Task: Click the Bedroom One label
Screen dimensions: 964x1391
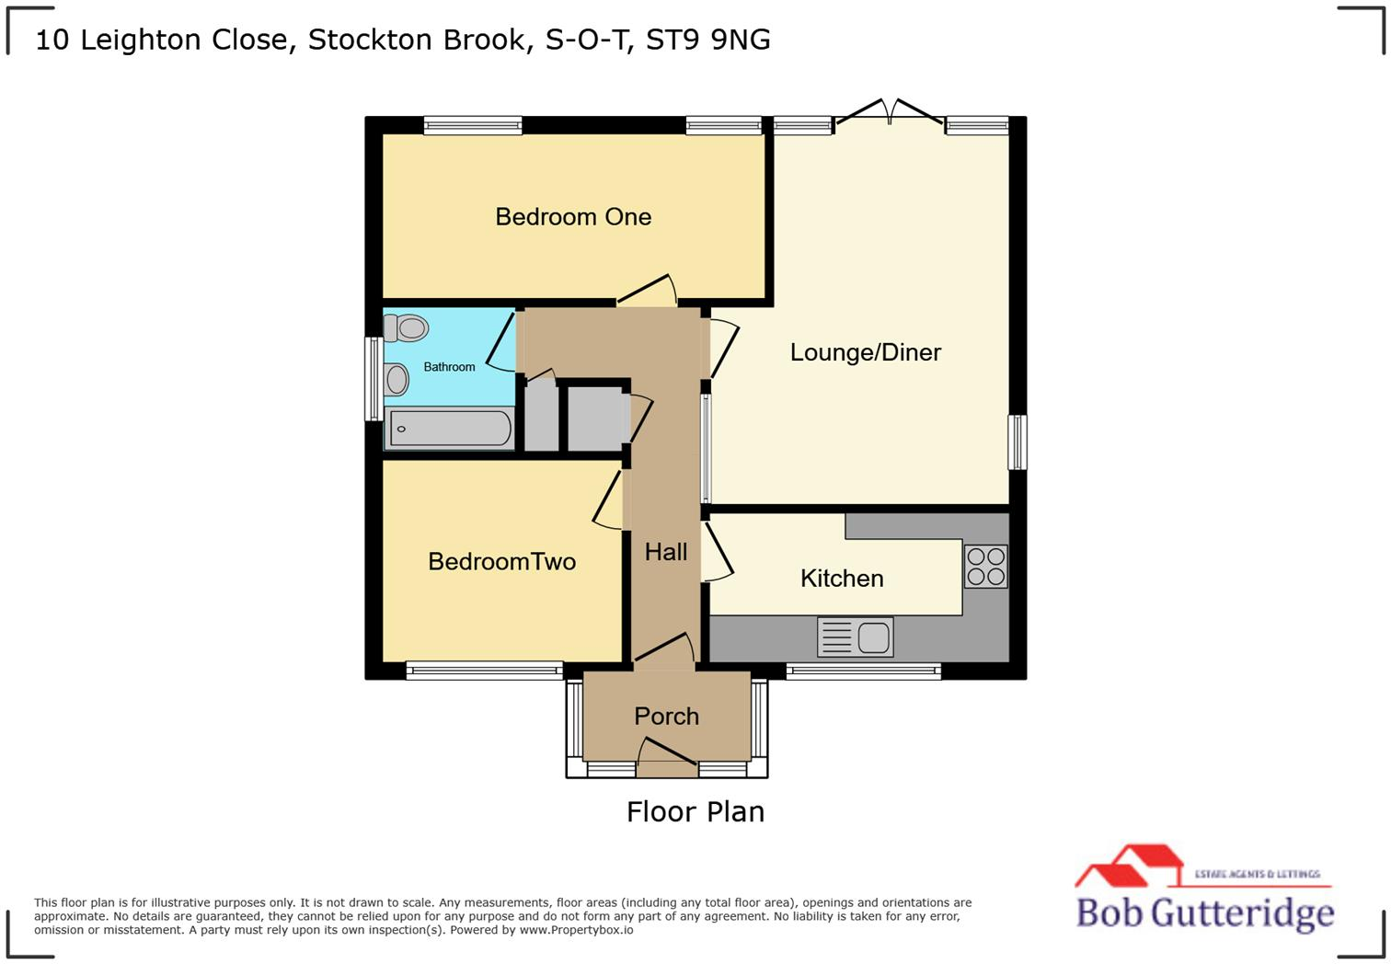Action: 573,217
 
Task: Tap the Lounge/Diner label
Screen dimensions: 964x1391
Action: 865,352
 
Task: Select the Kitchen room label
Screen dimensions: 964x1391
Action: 842,579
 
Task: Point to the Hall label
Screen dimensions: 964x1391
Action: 666,552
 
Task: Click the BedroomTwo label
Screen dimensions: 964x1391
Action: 501,562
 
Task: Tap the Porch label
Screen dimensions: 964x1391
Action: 666,717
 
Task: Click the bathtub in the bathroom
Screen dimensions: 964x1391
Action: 450,429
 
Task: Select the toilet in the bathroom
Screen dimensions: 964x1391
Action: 407,327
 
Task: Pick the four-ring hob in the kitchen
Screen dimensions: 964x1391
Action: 985,566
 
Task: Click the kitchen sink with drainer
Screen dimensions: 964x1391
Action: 855,637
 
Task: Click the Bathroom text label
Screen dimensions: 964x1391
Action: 449,367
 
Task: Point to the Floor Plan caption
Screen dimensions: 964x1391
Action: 695,812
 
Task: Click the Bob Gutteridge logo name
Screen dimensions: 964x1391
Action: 1205,912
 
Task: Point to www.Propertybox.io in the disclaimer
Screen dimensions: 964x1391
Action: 576,930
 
